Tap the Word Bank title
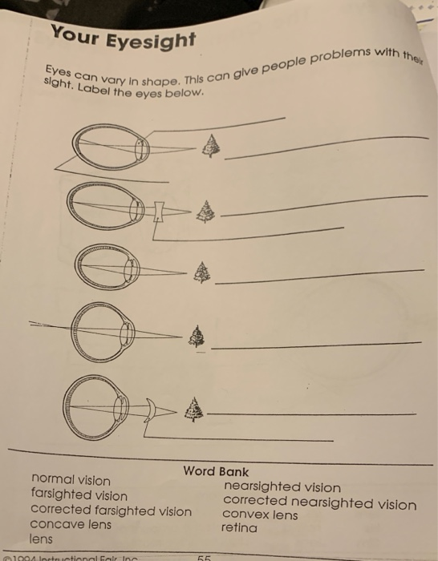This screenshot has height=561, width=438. coord(216,471)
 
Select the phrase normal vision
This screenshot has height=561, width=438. coord(71,480)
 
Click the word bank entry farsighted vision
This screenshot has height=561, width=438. coord(79,495)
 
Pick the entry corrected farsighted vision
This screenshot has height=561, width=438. coord(111,511)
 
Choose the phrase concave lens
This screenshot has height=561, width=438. coord(71,525)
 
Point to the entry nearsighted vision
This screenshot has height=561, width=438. coord(282,487)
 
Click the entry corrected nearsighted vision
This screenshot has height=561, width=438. coord(319,503)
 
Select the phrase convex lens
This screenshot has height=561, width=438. coord(260,515)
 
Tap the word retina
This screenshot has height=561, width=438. coord(240,528)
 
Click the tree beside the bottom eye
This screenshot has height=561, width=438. coord(193,410)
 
